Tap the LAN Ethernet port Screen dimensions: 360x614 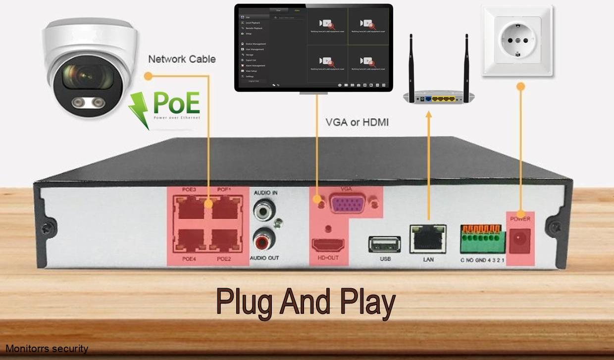tap(428, 239)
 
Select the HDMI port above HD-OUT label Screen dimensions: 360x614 tap(328, 244)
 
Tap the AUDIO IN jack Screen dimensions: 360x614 tap(263, 210)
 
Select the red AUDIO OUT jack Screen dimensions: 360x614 tap(263, 242)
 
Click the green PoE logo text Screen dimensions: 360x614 tap(176, 103)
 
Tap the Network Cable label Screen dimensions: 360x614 tap(182, 59)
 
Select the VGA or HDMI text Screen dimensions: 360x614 tap(357, 122)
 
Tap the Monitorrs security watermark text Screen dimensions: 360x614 tap(47, 349)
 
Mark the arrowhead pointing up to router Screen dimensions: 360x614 tap(428, 115)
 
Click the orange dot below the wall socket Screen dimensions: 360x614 tap(520, 86)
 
